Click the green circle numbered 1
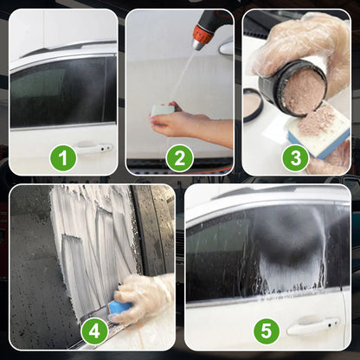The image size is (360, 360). [63, 158]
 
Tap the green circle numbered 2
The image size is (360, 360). [180, 158]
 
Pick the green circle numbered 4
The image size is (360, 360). [95, 330]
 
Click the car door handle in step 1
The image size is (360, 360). [93, 148]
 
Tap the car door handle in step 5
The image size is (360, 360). [313, 325]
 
